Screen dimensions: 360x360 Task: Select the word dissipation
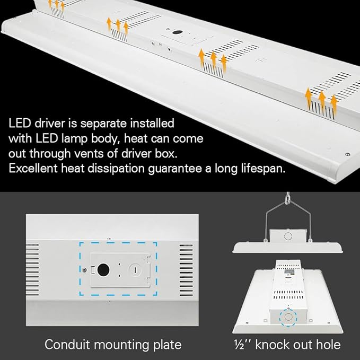[130, 169]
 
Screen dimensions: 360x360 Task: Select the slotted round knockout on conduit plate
[135, 269]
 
